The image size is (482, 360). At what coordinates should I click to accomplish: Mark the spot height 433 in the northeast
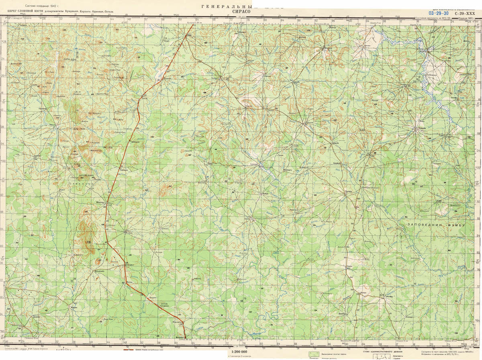(x=362, y=130)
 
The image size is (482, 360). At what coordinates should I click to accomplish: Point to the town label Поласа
(x=348, y=192)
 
